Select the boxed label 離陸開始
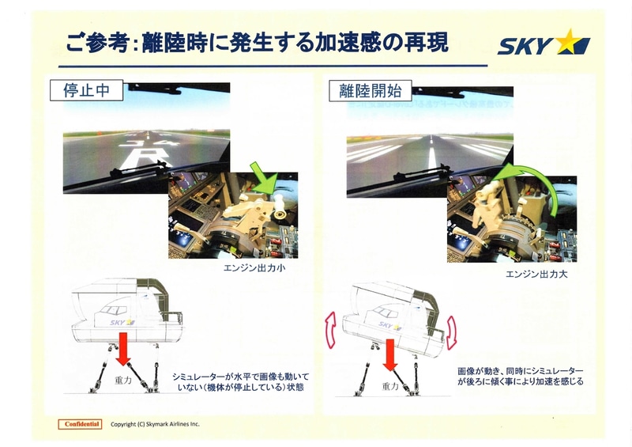click(x=365, y=91)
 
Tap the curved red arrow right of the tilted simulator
click(x=452, y=332)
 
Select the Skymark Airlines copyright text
click(x=156, y=424)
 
